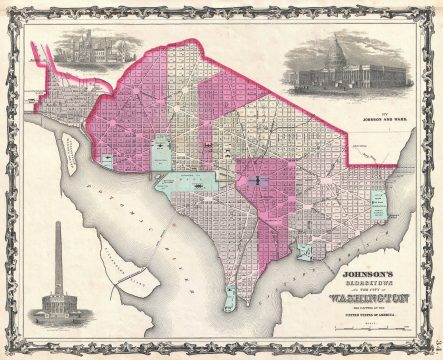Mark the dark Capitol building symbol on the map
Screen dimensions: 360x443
257,180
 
